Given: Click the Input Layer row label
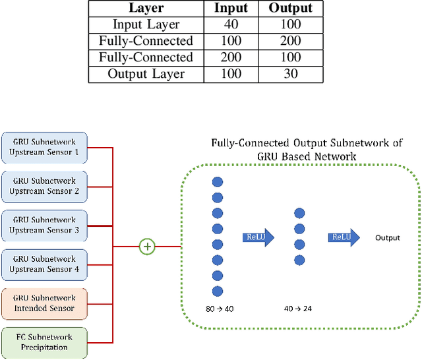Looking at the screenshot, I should (146, 25).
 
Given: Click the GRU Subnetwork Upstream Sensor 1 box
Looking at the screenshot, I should (44, 147).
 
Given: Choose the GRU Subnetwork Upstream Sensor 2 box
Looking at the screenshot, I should (44, 187).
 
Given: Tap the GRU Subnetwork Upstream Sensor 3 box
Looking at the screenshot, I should (44, 225).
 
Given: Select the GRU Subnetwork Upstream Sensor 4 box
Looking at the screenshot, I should (44, 264).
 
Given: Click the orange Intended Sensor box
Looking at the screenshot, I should (44, 303).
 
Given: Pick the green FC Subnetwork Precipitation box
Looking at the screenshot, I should (44, 343).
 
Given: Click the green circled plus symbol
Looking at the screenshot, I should (147, 247).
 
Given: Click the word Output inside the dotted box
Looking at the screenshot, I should (388, 238).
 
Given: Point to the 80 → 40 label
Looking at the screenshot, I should (218, 308).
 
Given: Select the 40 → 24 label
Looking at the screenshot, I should (299, 308).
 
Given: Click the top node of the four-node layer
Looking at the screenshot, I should (299, 213).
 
